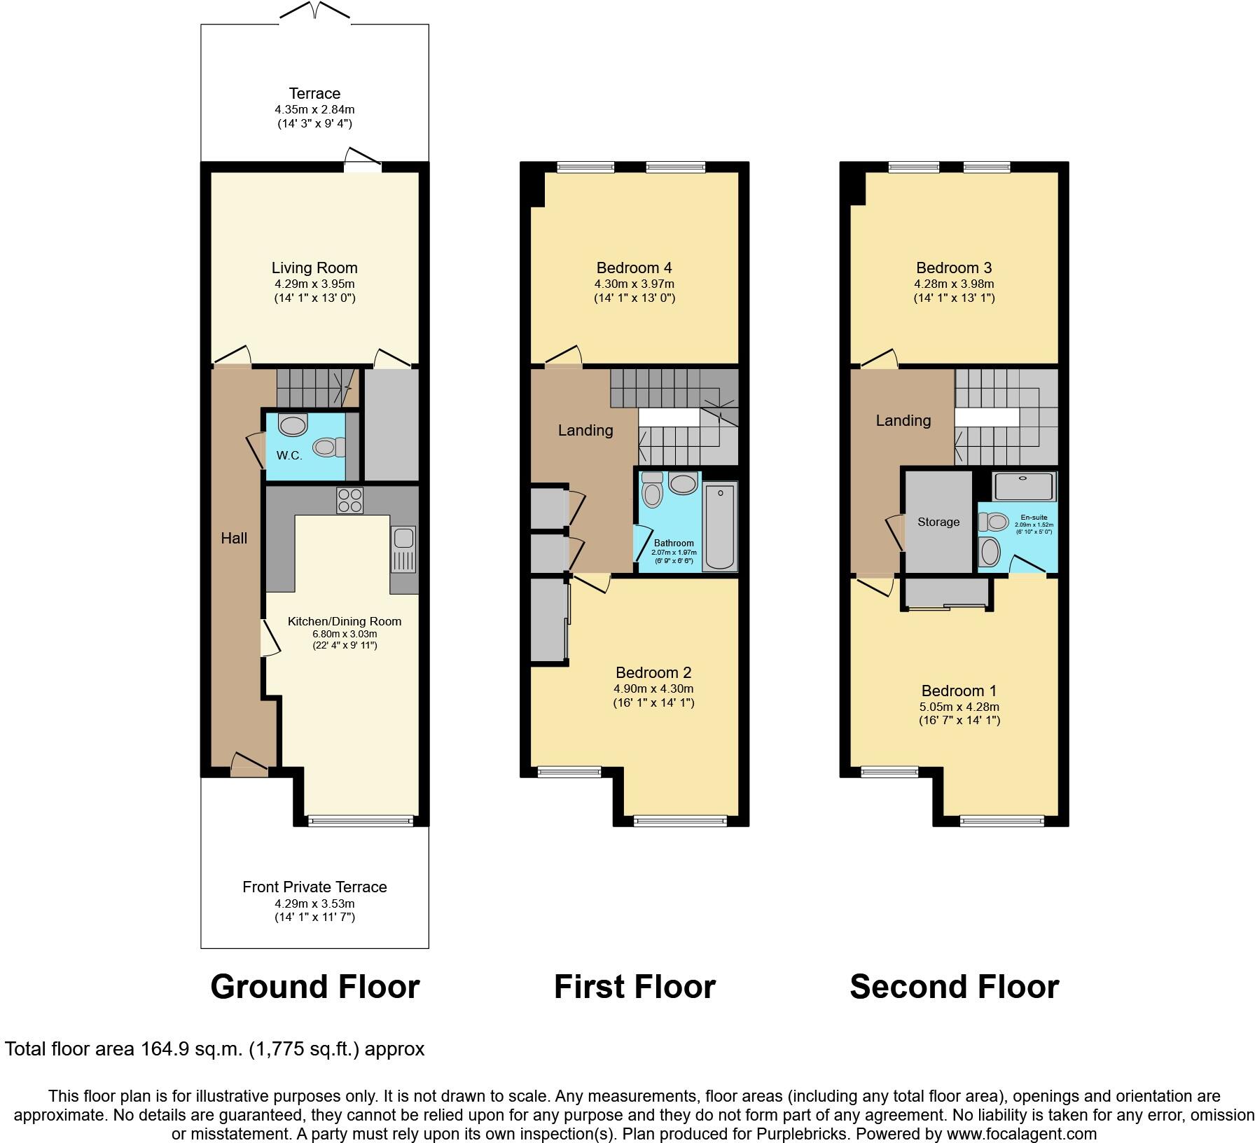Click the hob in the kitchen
350,500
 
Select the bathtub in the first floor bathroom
721,527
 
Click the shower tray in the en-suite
1024,487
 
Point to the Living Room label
314,268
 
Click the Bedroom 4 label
635,268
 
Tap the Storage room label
938,522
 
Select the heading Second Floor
954,987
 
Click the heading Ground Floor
314,987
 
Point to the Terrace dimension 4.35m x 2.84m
314,110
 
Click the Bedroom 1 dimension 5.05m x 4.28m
959,707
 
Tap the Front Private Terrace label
314,887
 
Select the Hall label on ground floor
234,538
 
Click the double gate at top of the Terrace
314,11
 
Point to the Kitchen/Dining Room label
345,621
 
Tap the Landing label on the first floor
585,430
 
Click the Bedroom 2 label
653,672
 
